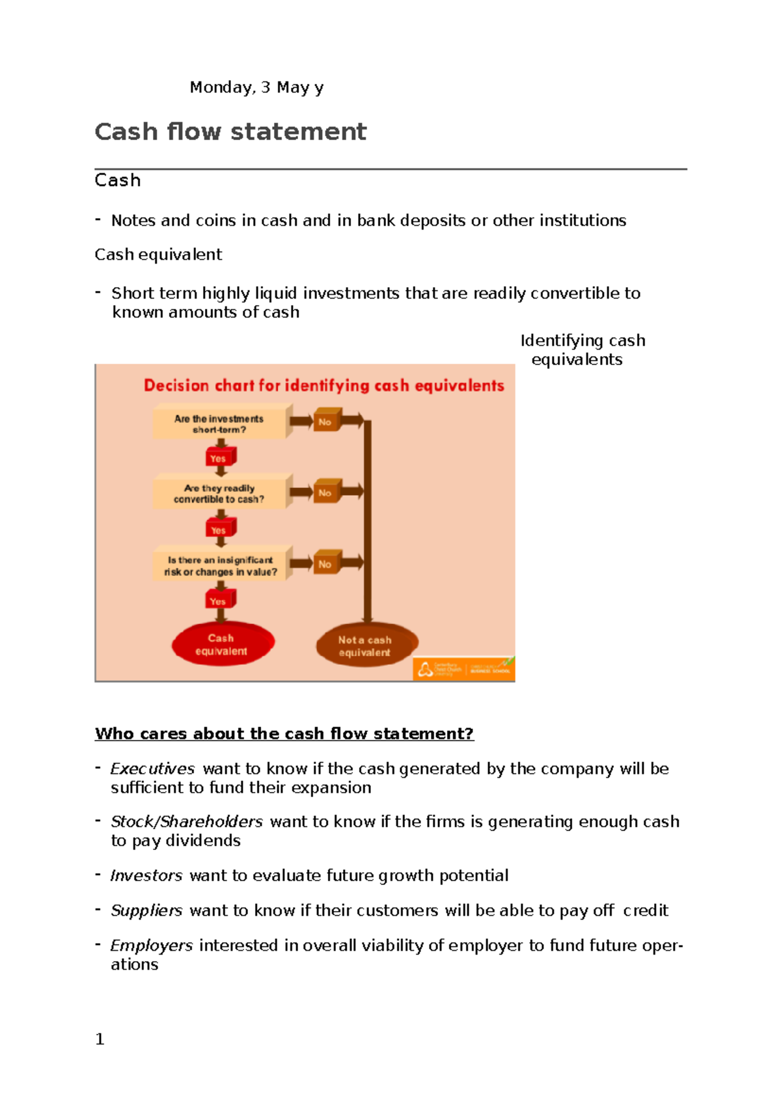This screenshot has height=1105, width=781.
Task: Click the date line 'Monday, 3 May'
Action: [x=256, y=87]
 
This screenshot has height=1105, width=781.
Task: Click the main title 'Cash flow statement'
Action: [x=230, y=131]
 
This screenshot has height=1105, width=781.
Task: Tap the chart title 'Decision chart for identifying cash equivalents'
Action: [x=323, y=385]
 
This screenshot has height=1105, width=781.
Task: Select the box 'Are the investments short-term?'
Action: [x=219, y=424]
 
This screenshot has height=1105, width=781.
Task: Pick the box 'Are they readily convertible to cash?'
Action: [x=219, y=493]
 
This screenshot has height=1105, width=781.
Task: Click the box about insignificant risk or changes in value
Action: [x=220, y=566]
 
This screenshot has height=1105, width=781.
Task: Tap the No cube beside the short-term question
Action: [x=326, y=421]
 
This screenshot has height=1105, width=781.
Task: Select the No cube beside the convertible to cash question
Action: [x=326, y=492]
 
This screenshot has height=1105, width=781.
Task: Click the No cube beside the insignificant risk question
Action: [x=326, y=564]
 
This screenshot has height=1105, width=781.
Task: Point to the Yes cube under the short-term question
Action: [x=219, y=457]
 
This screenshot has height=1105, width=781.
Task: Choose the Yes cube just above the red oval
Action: [x=219, y=600]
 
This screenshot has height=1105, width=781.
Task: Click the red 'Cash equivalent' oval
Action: [x=222, y=644]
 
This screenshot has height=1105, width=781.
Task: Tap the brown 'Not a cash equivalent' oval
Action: [x=365, y=646]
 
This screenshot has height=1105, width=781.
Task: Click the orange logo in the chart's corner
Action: [x=463, y=669]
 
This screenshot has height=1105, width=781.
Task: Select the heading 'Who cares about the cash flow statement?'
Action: [x=284, y=733]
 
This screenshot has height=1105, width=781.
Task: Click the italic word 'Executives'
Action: [x=152, y=769]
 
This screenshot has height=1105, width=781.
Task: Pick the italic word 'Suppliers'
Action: [x=146, y=910]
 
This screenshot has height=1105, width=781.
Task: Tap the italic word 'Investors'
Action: [x=146, y=875]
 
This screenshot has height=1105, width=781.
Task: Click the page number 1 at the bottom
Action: [x=100, y=1039]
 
